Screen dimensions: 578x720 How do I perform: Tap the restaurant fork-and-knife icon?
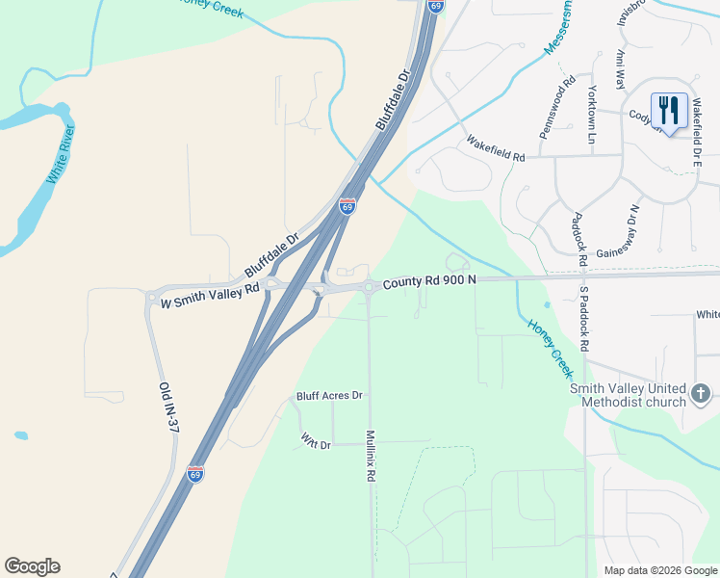point(669,109)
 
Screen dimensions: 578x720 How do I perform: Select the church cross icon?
point(701,393)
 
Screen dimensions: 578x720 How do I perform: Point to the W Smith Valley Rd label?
point(211,296)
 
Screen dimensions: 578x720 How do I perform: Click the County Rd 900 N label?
point(429,281)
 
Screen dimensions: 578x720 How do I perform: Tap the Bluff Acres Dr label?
point(329,395)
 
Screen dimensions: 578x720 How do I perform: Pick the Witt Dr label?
point(316,441)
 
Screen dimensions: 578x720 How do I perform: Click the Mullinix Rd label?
point(370,456)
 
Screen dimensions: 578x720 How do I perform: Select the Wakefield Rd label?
point(496,148)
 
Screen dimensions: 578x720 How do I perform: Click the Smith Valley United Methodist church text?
point(627,394)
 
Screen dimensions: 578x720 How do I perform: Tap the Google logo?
point(32,566)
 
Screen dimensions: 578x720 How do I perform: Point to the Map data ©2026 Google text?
point(659,570)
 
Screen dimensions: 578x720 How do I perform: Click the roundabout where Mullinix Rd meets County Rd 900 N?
point(370,286)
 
